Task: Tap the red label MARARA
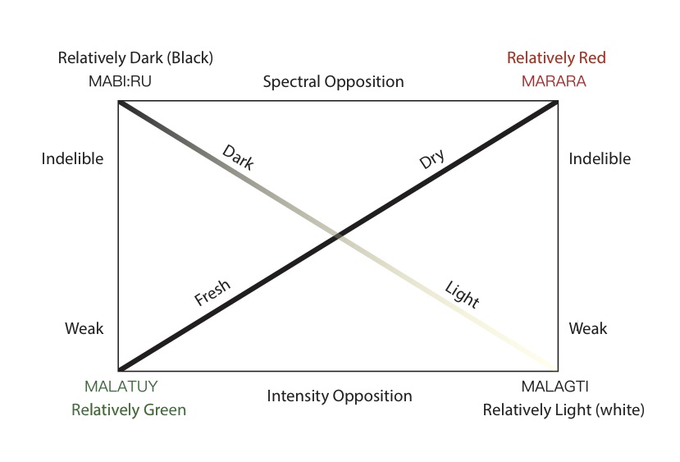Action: [x=556, y=81]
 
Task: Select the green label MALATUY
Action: [x=121, y=387]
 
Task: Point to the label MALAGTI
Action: [x=554, y=387]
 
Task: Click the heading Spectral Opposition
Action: [x=333, y=82]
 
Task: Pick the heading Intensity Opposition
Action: [x=340, y=396]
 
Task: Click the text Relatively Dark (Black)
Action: [x=135, y=58]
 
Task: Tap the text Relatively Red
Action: [x=556, y=58]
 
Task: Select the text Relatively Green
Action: [x=129, y=409]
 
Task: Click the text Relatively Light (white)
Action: [x=564, y=409]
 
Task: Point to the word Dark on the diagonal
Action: [x=239, y=157]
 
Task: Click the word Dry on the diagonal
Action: [x=431, y=159]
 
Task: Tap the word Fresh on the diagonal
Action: [x=213, y=293]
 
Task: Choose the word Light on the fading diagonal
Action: [x=462, y=295]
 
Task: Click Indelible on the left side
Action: [x=72, y=159]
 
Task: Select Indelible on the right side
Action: [x=600, y=159]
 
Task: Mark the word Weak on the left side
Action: [x=84, y=328]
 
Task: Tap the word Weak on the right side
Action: [x=588, y=328]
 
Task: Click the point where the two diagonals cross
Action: [x=338, y=236]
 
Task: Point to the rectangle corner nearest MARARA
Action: [x=558, y=102]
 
